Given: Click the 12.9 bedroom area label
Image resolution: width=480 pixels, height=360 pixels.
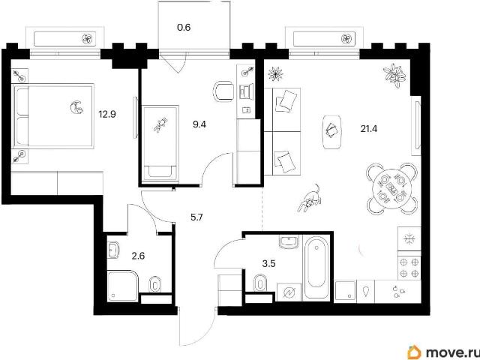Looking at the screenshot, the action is point(106,115).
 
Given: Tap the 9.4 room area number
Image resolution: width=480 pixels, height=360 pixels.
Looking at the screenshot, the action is point(199,124).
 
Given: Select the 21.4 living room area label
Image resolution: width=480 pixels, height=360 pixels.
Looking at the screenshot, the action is point(368,129).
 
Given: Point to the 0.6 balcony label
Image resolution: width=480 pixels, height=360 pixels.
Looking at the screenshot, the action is point(184,28).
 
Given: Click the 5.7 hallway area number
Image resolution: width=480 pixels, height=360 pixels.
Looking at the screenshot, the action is point(196,217).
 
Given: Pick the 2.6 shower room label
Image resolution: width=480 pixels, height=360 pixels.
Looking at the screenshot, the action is point(138,256).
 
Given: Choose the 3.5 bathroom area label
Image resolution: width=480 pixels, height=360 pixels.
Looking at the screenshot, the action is point(269,263).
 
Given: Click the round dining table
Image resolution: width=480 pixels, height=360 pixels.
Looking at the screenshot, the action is point(392,188).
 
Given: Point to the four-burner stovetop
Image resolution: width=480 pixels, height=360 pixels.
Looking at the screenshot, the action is point(409,268).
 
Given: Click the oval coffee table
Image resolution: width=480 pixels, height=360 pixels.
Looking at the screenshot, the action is point(332,132).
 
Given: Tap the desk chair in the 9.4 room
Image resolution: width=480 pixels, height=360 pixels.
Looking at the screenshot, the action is point(223,91).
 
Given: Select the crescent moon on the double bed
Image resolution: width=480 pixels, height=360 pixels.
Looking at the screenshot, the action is point(76,106).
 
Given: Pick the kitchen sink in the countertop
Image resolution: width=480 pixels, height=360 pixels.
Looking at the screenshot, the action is point(346,290).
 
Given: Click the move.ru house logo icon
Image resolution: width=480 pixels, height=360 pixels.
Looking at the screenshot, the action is point(415,352).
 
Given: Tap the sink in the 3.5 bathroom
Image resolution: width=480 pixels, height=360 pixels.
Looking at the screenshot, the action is point(289,241).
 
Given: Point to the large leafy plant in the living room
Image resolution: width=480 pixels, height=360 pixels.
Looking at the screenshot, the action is point(394,74).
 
